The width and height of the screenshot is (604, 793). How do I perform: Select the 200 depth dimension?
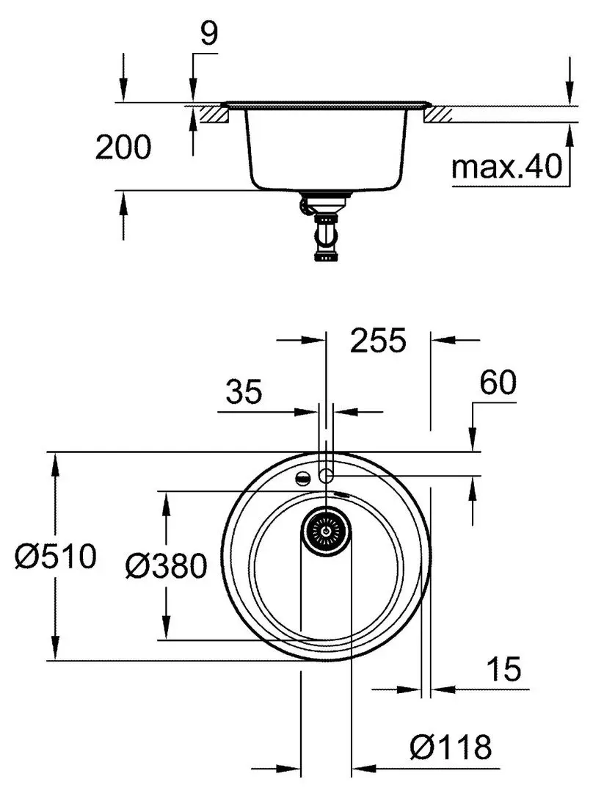(123, 148)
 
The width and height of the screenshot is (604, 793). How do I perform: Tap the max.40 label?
(506, 167)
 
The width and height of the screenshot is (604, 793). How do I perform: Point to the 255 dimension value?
(378, 341)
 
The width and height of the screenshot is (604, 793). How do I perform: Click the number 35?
(244, 393)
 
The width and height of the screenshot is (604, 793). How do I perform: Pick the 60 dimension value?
(498, 383)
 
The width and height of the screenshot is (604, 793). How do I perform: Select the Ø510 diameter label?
(56, 557)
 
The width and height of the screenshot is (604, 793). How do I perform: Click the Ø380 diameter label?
(166, 565)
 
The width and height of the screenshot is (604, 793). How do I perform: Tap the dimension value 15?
(503, 669)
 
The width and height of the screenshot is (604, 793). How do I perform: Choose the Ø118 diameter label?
(451, 748)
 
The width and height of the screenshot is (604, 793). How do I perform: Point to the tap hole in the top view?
(326, 476)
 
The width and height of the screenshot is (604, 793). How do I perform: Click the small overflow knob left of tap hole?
(301, 478)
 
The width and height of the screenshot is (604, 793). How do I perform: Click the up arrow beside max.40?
(570, 132)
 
